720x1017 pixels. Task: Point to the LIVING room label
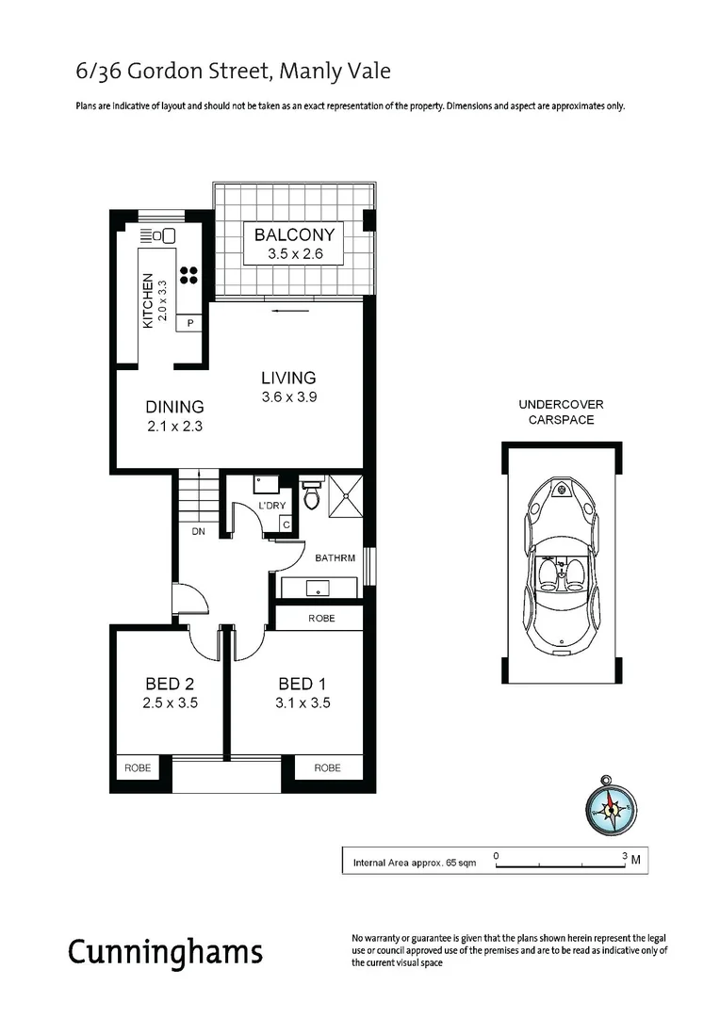[x=288, y=378]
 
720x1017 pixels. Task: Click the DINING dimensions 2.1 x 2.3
[x=175, y=426]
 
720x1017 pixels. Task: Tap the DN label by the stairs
[x=199, y=532]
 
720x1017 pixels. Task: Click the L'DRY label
[x=271, y=507]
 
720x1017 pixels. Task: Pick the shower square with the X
[x=346, y=496]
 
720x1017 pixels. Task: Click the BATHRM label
[x=335, y=558]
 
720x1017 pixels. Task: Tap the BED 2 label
[x=170, y=684]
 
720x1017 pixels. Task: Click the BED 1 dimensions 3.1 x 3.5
[x=303, y=702]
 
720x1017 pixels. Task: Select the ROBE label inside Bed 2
[x=138, y=768]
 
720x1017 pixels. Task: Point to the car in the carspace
[x=562, y=565]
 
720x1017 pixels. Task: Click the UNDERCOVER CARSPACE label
[x=561, y=412]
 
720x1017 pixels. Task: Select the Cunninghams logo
[x=165, y=952]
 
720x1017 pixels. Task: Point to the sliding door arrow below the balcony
[x=289, y=309]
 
